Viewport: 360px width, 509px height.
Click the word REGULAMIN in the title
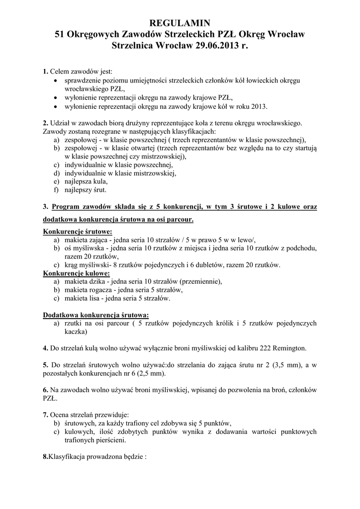180,23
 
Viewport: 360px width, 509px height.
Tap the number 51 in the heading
60,35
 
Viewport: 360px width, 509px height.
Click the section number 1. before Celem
46,72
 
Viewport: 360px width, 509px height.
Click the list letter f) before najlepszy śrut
56,190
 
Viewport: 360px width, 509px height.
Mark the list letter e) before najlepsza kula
57,181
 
